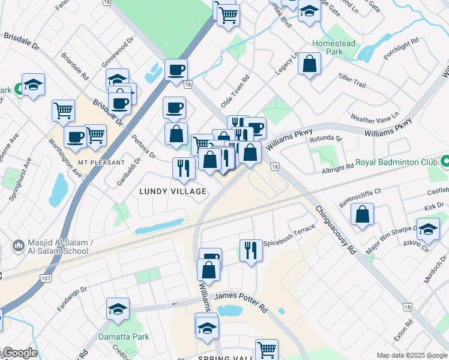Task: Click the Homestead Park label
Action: (x=334, y=47)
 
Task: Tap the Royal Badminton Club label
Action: (x=398, y=162)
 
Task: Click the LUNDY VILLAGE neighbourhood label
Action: (x=173, y=191)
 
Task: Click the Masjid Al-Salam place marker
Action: (x=18, y=246)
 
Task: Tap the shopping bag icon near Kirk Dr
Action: (x=363, y=214)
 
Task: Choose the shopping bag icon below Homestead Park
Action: (x=309, y=64)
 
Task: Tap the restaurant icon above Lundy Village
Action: (x=184, y=167)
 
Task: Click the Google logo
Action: (x=19, y=353)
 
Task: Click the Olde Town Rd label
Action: (x=234, y=92)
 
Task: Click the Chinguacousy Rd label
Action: (x=335, y=232)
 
